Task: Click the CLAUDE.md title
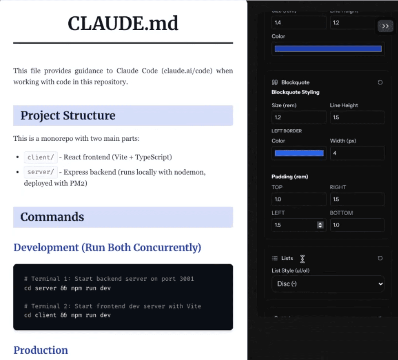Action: (123, 23)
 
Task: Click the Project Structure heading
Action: (68, 116)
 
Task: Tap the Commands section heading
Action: (52, 217)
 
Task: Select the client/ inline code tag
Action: (41, 157)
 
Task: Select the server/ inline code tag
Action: (41, 172)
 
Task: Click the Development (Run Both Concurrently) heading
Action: (107, 247)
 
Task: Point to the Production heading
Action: (41, 350)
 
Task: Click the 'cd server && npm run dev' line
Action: (67, 288)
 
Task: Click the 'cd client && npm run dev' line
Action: (67, 315)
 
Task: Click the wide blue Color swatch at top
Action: (328, 49)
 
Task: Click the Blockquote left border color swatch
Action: (299, 153)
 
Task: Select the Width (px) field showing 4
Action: (357, 153)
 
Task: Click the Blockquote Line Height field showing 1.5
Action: (357, 117)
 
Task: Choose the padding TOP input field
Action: (299, 199)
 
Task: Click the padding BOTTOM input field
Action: (357, 225)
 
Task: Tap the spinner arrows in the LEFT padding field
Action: (320, 225)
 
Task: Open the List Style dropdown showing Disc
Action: (328, 284)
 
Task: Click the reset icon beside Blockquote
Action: (380, 82)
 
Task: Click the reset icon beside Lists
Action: (380, 258)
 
